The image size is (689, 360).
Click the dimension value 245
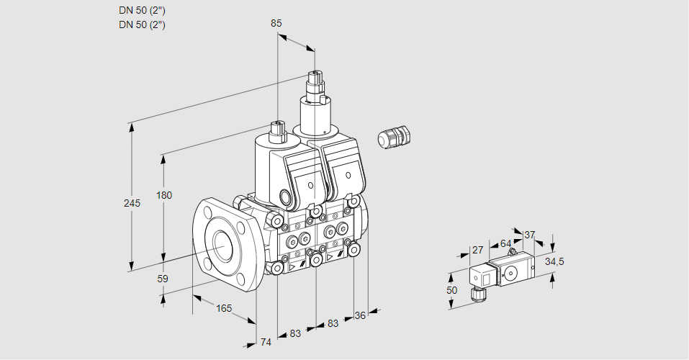(x=132, y=203)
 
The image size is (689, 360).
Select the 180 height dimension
(x=165, y=196)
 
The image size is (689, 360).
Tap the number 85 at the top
(x=276, y=23)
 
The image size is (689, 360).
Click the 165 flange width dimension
(x=224, y=308)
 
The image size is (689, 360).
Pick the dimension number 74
(x=266, y=342)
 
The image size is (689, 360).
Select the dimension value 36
(x=361, y=315)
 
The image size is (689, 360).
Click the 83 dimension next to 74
(x=295, y=333)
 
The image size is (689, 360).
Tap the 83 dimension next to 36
(x=333, y=323)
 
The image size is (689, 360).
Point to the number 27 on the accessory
(x=477, y=250)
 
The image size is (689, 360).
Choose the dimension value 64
(x=505, y=243)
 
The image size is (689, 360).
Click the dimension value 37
(x=530, y=235)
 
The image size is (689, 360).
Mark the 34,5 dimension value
(x=554, y=261)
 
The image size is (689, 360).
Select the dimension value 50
(x=452, y=289)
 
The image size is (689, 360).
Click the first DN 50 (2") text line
(x=142, y=10)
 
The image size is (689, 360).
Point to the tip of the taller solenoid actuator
(x=315, y=74)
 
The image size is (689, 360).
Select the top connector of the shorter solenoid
(x=277, y=127)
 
